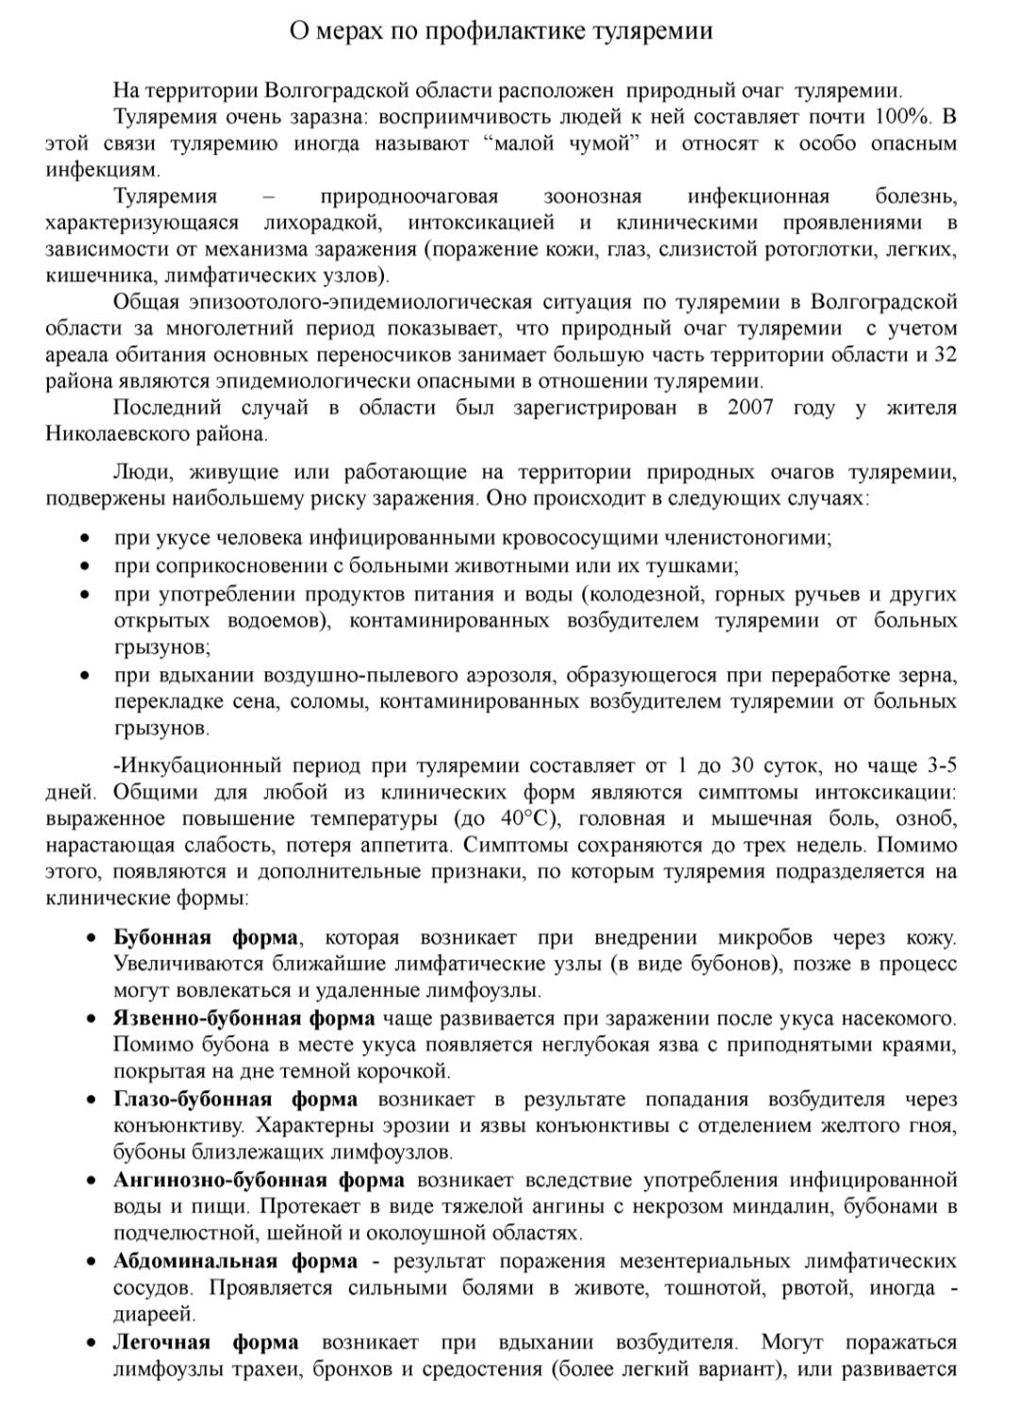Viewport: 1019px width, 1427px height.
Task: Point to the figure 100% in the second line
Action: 907,117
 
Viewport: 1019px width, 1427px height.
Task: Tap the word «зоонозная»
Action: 592,196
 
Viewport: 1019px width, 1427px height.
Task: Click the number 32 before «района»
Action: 944,355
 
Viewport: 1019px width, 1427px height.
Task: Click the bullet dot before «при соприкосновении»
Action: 85,566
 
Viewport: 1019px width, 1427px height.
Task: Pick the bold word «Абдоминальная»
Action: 194,1261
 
